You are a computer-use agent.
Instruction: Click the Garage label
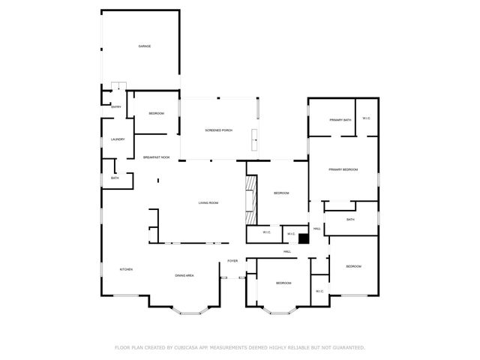click(145, 46)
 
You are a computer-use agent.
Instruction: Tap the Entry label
click(116, 106)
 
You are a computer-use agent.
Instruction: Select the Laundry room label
click(118, 139)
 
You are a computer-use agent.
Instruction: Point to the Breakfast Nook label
click(157, 157)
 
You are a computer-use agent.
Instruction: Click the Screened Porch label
click(219, 130)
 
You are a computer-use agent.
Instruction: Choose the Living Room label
click(208, 203)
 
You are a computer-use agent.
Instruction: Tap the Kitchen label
click(126, 269)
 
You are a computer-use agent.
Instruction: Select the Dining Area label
click(185, 276)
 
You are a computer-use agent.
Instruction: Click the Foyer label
click(233, 261)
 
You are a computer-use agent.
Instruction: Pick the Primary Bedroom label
click(343, 169)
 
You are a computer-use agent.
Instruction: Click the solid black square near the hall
click(304, 239)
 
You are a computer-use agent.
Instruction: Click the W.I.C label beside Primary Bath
click(366, 118)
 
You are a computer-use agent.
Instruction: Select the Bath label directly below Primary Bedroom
click(350, 220)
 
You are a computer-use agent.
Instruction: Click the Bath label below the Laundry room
click(115, 178)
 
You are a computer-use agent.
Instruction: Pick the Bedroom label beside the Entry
click(156, 113)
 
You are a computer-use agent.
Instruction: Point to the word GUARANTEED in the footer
click(348, 348)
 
